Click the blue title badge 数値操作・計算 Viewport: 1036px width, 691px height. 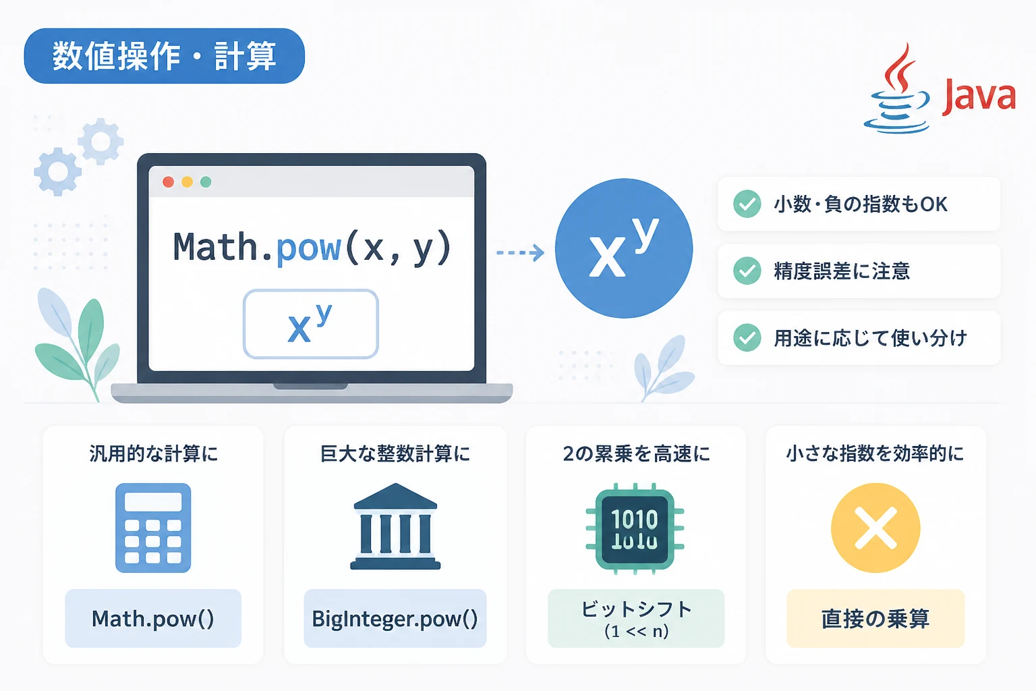[164, 56]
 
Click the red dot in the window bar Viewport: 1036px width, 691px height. [169, 182]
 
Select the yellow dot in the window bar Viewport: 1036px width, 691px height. [188, 182]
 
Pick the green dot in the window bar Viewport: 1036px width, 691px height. [206, 182]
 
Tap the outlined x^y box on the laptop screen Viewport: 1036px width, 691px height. [311, 324]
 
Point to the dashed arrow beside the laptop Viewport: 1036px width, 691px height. [520, 252]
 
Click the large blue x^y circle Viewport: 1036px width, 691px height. [624, 248]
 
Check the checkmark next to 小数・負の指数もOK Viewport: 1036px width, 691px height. [747, 204]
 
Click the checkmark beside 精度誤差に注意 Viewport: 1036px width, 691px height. [747, 271]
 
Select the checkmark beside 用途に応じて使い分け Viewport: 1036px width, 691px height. [747, 338]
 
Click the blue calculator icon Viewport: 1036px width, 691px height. [153, 528]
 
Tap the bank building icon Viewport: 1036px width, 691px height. [395, 526]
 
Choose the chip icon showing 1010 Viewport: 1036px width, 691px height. [635, 529]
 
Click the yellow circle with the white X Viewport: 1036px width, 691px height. [875, 528]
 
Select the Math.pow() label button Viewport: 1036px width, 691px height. [153, 618]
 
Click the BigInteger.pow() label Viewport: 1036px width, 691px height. [395, 618]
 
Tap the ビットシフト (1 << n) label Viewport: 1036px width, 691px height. [636, 618]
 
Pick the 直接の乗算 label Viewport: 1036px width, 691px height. [875, 618]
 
